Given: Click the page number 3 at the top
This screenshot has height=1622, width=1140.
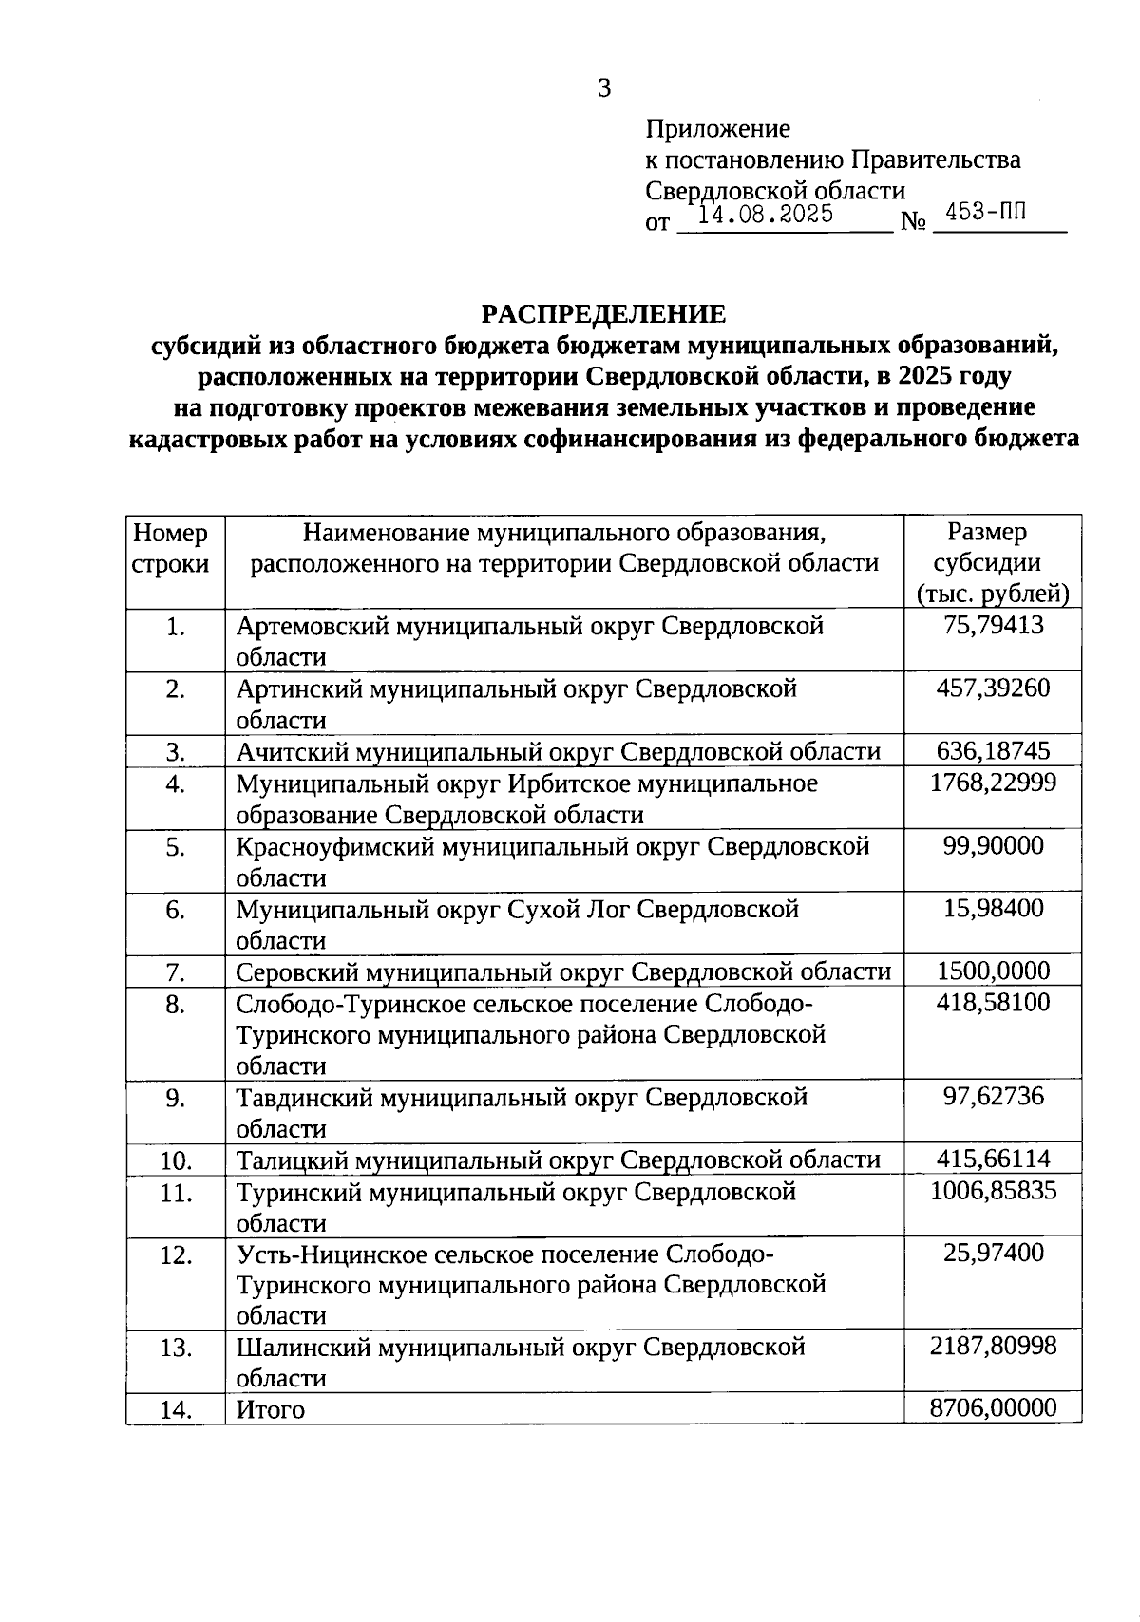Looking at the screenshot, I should (604, 89).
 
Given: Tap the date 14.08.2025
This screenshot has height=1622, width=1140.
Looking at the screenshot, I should (765, 214).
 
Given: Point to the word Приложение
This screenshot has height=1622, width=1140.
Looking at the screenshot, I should (717, 128).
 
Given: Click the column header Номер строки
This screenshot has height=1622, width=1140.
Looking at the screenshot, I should (171, 548).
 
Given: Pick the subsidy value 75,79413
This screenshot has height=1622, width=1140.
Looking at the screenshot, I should (993, 625).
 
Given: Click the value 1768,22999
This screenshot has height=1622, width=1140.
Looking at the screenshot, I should (993, 783).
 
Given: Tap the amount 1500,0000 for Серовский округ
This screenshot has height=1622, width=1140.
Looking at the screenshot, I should (993, 971).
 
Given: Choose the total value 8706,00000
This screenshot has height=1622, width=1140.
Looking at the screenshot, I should (993, 1407).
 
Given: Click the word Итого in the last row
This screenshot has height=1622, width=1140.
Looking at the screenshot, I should (271, 1410).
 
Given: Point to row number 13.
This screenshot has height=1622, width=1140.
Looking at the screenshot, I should (175, 1348).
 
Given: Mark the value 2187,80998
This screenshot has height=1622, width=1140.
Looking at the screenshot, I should (993, 1346).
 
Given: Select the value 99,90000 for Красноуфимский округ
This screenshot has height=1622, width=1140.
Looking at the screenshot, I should (993, 845).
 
